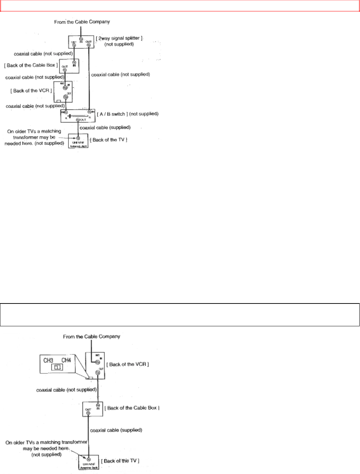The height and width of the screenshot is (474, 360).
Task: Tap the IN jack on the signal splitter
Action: coord(81,39)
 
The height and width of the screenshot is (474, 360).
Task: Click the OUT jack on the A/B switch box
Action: coord(78,120)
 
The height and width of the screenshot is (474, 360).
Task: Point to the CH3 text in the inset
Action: coord(48,360)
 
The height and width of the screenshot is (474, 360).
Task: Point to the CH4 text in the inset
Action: coord(66,360)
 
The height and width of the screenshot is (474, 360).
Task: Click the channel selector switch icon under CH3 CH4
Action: coord(57,367)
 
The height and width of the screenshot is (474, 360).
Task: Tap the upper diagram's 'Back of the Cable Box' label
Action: coord(31,65)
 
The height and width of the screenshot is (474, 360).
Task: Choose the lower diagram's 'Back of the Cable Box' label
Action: coord(133,408)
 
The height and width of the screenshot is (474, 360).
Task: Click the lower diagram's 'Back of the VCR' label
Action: coord(127,365)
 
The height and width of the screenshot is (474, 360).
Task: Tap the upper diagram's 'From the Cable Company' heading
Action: coord(82,22)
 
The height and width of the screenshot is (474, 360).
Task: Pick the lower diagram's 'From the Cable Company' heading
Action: coord(91,336)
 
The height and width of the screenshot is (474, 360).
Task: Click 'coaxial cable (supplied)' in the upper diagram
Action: coord(105,128)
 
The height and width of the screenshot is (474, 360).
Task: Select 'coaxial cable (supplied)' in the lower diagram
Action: coord(116,430)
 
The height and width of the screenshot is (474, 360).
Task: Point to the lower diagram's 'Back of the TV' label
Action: coord(120,461)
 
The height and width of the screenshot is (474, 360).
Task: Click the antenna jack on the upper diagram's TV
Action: coord(78,138)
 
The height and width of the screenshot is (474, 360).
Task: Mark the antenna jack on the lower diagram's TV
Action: coord(89,459)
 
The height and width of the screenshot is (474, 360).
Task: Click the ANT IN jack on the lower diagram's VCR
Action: coord(98,362)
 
